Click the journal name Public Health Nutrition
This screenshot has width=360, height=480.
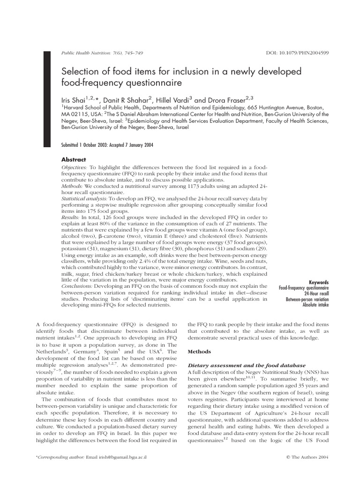(x=86, y=53)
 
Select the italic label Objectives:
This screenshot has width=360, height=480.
(x=75, y=167)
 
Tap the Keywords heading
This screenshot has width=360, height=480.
(x=319, y=283)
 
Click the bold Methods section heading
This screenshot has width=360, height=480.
(x=200, y=351)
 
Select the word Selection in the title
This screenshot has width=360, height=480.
(x=81, y=71)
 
